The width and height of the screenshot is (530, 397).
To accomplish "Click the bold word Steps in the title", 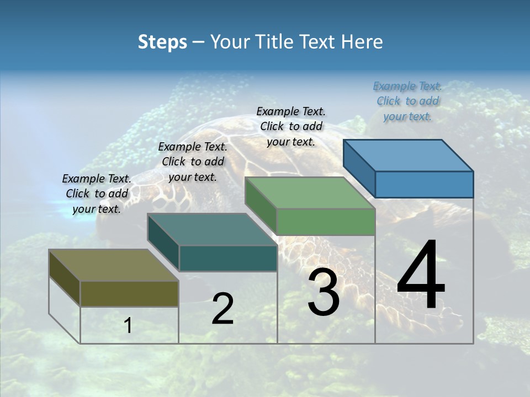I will point(162,42).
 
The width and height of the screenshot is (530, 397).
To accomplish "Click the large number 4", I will point(421,276).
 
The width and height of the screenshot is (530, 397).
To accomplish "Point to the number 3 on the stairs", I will point(324,292).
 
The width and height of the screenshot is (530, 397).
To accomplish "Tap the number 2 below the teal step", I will point(222,309).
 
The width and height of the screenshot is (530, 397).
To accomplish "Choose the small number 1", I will point(128,326).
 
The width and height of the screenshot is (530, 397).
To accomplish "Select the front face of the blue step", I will point(424,184).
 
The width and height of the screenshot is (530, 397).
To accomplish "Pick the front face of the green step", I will point(326,222).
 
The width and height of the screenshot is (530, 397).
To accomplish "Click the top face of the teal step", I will point(213,229).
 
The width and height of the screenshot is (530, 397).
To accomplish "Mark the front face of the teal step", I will point(228,258).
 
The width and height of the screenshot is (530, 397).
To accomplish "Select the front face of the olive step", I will point(129,293).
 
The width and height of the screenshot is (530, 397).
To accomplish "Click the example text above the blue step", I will point(407,101).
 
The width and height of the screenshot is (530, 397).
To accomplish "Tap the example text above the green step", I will point(291,126).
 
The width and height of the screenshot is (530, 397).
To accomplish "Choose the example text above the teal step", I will point(193,162).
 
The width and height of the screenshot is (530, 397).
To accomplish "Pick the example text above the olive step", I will point(97,194).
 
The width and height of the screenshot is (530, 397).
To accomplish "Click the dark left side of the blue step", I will point(359,168).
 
